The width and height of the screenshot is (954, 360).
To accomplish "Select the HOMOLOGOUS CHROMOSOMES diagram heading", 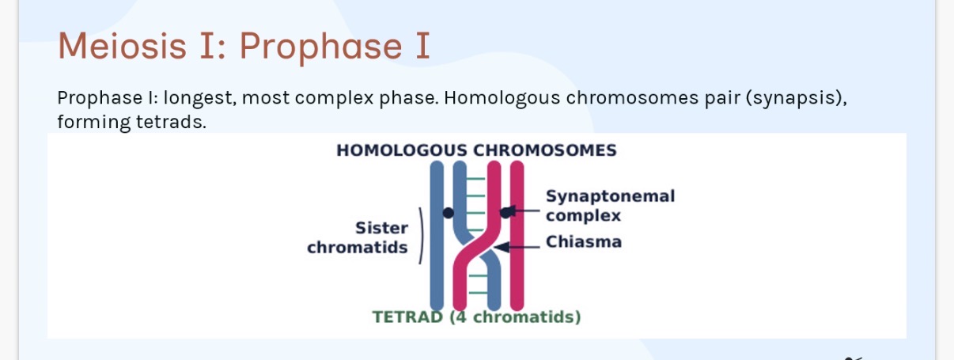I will pyautogui.click(x=476, y=150).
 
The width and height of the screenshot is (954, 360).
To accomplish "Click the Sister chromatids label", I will pyautogui.click(x=358, y=237).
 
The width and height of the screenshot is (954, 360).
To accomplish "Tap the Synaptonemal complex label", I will pyautogui.click(x=610, y=205).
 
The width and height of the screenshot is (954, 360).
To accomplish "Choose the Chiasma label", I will pyautogui.click(x=584, y=241).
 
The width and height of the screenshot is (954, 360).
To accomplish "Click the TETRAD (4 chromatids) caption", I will pyautogui.click(x=476, y=317).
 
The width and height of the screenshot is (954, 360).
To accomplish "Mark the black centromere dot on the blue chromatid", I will pyautogui.click(x=449, y=213).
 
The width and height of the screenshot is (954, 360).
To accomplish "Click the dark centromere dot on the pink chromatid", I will pyautogui.click(x=505, y=212).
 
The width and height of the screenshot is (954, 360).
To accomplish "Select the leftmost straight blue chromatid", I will pyautogui.click(x=436, y=237).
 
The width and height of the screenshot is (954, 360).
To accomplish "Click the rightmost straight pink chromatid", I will pyautogui.click(x=517, y=237).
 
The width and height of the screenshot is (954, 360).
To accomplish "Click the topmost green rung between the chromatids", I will pyautogui.click(x=475, y=179).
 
